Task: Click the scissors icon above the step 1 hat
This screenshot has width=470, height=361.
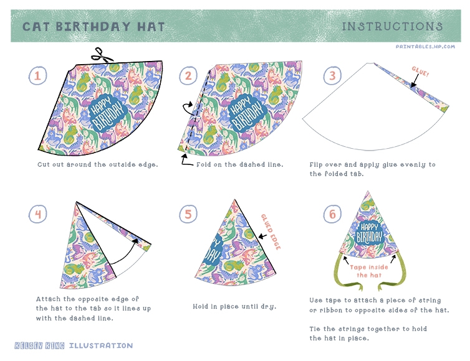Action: (x=102, y=55)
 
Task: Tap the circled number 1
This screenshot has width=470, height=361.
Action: (x=38, y=75)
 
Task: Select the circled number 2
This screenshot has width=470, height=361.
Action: (x=188, y=75)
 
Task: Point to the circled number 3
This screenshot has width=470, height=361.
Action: (x=332, y=75)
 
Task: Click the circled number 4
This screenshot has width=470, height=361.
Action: (x=38, y=214)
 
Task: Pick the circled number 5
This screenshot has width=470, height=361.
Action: (x=188, y=214)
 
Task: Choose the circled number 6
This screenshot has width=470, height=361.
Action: (x=332, y=214)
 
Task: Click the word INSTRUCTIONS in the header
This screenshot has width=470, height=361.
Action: (x=392, y=26)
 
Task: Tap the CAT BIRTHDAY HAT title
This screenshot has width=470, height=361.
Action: (x=94, y=27)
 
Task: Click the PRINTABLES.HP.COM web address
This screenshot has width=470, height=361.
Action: (x=425, y=47)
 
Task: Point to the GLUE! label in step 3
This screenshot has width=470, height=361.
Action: (x=420, y=72)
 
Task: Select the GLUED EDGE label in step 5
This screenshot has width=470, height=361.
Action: (x=271, y=232)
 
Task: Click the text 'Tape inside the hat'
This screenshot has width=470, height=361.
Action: (x=369, y=271)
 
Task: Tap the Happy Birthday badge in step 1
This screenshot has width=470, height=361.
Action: (x=108, y=113)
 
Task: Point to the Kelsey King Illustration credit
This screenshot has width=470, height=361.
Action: (x=74, y=345)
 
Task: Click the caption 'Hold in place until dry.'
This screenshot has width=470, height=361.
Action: (x=234, y=306)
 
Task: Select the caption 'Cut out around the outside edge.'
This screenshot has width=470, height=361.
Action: (x=98, y=165)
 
